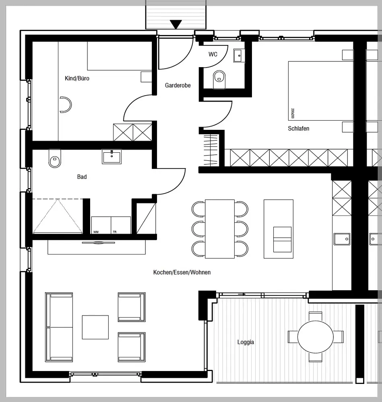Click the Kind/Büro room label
pos(77,78)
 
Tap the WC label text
pos(213,54)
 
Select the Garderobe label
pos(178,85)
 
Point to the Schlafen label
pos(298,129)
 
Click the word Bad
pos(82,177)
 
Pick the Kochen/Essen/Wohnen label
pos(182,273)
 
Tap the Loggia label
pos(246,343)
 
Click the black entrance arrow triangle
pos(176,25)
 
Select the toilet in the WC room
pos(219,79)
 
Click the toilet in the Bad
pos(54,158)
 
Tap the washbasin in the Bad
pos(112,156)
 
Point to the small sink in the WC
pos(238,55)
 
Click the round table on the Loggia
pos(316,337)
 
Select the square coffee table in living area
pos(95,327)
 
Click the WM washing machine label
pos(96,232)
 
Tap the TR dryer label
pos(115,232)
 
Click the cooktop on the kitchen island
pos(282,239)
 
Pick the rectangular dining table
pos(220,229)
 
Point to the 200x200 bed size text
pos(293,114)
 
